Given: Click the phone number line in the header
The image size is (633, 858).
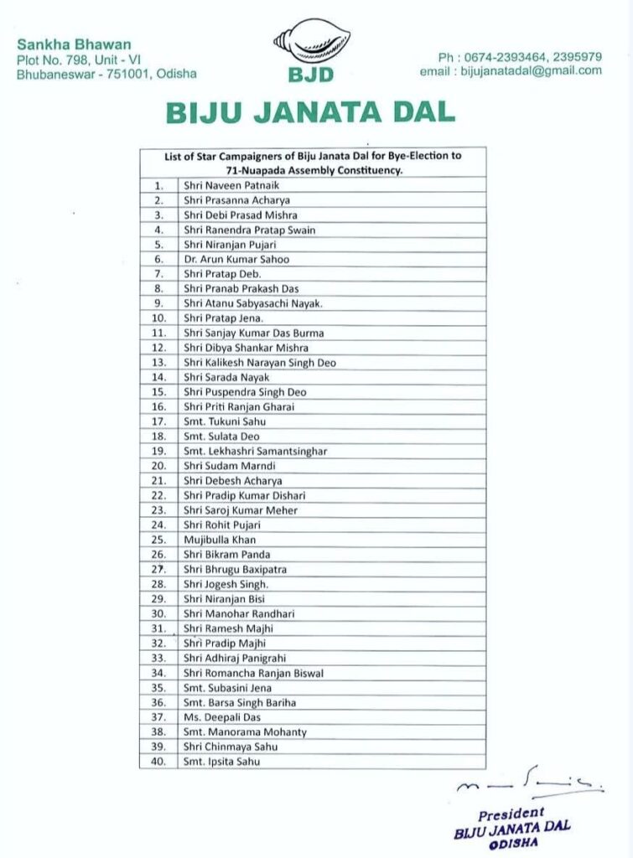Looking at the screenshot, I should [520, 56].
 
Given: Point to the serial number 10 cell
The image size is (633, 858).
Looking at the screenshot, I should [158, 318].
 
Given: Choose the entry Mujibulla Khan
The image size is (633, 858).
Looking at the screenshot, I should [220, 540].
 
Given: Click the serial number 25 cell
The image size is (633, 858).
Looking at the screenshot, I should [158, 540].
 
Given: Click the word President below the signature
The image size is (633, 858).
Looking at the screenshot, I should [511, 814].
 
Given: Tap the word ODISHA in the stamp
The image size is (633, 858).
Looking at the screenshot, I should [513, 842].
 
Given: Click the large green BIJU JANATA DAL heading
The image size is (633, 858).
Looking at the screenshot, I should [311, 112].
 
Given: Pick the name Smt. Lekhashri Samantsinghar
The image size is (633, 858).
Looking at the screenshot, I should [255, 451].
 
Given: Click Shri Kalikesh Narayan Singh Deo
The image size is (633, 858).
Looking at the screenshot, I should [260, 363].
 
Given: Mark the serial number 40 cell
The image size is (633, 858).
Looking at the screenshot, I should [158, 762].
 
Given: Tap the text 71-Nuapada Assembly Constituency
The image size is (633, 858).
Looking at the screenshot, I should [312, 170].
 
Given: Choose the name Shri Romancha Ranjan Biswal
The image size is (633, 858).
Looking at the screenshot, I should [253, 673].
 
